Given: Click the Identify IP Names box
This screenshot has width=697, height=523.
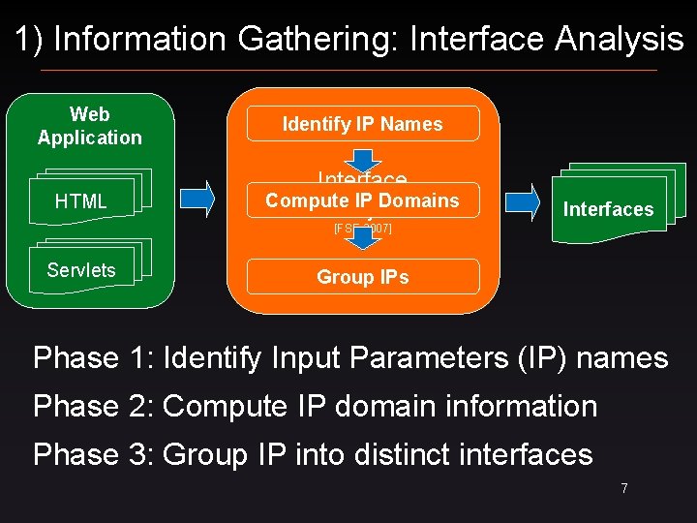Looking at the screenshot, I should (x=362, y=124).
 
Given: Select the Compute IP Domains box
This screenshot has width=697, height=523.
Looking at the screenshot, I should (x=362, y=200).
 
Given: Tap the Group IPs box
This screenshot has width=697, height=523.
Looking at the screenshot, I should (x=362, y=277).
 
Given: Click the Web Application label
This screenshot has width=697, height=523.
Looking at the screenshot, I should (x=90, y=126).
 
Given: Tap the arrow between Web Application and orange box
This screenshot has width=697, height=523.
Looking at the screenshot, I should (x=199, y=199).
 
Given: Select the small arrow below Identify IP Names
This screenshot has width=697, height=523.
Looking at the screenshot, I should (x=362, y=157).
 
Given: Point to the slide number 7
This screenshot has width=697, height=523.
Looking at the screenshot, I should (x=624, y=488).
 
